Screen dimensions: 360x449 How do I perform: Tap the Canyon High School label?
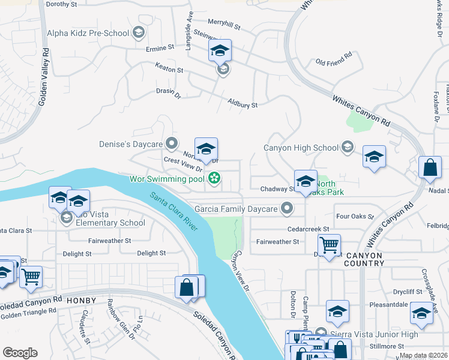[x=302, y=147]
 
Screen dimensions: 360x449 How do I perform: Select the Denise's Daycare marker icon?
[x=172, y=144]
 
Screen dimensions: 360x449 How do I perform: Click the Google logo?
[x=20, y=352]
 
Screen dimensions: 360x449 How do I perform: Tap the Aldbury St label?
[x=243, y=104]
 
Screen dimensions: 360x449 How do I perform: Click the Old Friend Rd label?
[x=333, y=62]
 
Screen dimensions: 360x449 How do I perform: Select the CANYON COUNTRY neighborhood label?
[x=364, y=259]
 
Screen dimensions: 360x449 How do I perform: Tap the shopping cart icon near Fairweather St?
[x=329, y=245]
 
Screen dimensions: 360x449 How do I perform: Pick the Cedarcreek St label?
[x=309, y=229]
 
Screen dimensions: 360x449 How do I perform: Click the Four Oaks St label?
[x=355, y=216]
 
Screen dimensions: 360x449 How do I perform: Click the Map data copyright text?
[x=423, y=355]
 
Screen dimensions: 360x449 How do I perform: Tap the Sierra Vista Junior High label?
[x=366, y=334]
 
